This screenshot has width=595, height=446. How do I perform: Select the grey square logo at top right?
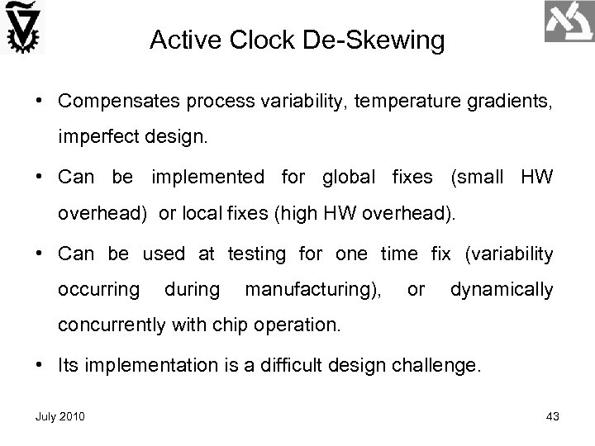(x=569, y=23)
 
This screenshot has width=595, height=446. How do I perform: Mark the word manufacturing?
(x=313, y=290)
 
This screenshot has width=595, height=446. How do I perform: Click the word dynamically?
(x=501, y=290)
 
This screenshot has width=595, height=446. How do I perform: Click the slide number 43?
(x=553, y=418)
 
